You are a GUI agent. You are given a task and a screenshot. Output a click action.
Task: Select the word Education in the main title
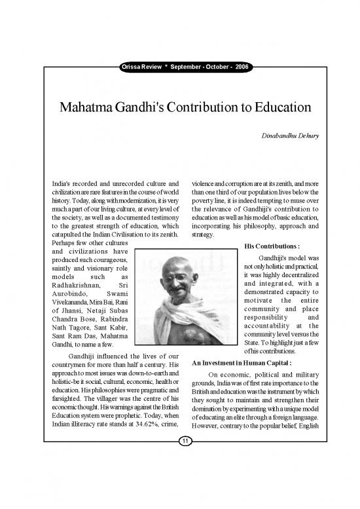pyautogui.click(x=274, y=106)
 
